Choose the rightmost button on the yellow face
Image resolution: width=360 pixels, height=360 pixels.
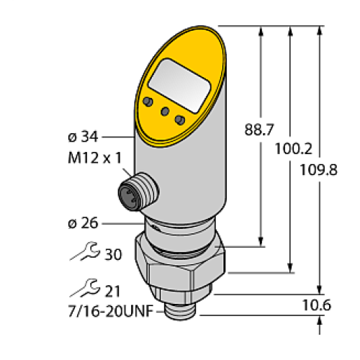click(180, 119)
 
